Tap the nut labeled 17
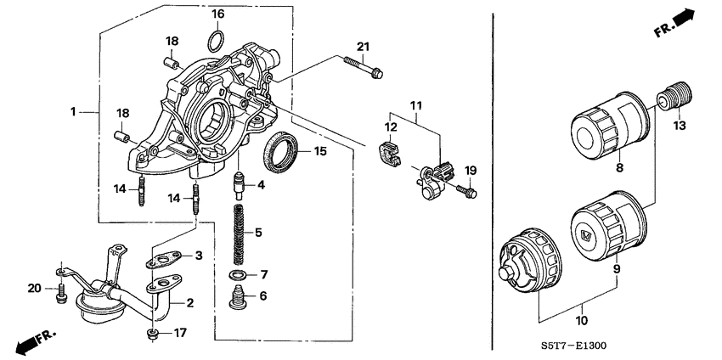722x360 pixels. tap(152, 333)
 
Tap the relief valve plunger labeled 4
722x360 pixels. tap(240, 183)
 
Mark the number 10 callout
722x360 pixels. tap(582, 320)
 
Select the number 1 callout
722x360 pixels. tap(74, 111)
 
